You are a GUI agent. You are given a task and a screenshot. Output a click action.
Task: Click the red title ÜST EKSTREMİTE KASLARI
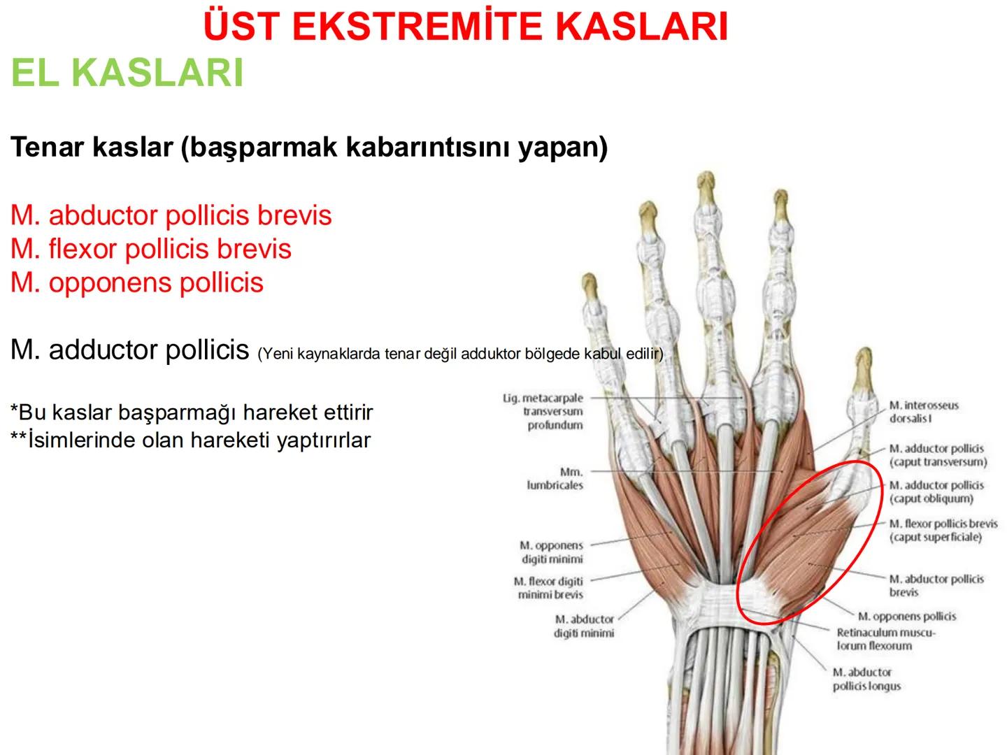[x=465, y=27]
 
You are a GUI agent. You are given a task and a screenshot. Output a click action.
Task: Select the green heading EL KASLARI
[x=127, y=72]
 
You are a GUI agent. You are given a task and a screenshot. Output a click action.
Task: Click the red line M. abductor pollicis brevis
[x=171, y=215]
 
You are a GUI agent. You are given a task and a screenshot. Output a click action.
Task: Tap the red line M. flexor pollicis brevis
[x=150, y=249]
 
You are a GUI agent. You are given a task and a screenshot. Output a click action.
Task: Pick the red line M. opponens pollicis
[x=136, y=282]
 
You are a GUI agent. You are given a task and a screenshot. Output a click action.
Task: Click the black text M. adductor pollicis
[x=129, y=350]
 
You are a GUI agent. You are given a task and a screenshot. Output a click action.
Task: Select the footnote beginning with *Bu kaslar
[x=191, y=412]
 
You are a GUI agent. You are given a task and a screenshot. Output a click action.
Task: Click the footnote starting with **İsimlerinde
[x=190, y=440]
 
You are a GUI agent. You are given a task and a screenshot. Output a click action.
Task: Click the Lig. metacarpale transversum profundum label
[x=544, y=412]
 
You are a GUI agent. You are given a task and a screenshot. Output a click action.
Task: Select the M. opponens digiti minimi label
[x=551, y=552]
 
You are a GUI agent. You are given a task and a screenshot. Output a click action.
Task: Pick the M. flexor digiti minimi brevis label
[x=548, y=588]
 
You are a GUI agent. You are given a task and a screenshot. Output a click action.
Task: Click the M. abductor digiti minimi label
[x=584, y=626]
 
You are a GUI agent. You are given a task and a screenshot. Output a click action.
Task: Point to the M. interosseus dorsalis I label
[x=923, y=412]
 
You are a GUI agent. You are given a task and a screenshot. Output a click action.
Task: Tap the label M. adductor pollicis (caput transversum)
[x=937, y=455]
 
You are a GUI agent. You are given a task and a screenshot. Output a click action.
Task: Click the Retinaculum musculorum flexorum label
[x=885, y=639]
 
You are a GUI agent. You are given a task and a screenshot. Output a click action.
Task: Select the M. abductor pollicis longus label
[x=866, y=679]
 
